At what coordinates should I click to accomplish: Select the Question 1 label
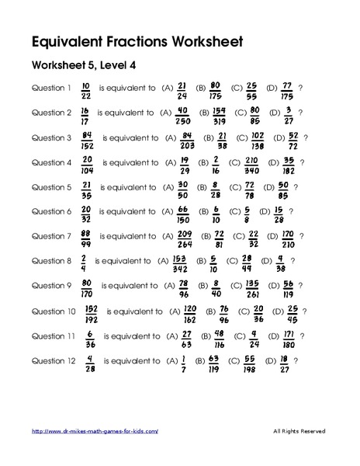point(52,88)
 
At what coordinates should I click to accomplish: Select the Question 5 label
point(52,187)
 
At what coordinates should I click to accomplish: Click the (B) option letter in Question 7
point(206,236)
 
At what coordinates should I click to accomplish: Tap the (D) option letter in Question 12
point(268,360)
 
